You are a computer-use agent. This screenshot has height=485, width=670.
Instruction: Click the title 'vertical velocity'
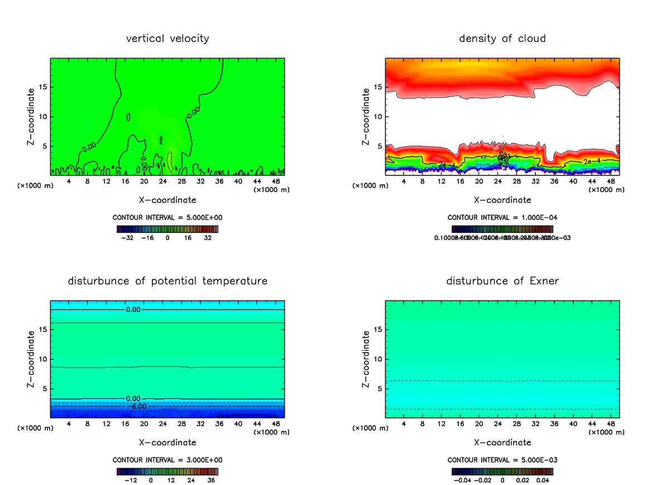[x=167, y=39]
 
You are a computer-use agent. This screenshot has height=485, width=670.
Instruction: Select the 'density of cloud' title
[x=502, y=39]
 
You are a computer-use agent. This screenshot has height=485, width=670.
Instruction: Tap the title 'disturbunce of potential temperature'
[x=167, y=280]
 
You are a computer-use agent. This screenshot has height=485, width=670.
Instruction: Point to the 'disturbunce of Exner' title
[x=502, y=280]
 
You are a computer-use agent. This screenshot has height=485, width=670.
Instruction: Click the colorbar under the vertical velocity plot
[x=167, y=229]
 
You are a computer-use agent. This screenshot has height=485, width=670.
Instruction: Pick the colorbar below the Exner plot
[x=502, y=471]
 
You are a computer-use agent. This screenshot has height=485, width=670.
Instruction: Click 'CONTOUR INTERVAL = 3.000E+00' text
[x=167, y=460]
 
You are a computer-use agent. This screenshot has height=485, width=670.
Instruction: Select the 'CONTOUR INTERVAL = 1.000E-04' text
[x=502, y=217]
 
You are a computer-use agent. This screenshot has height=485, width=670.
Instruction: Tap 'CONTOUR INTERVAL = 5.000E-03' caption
[x=502, y=460]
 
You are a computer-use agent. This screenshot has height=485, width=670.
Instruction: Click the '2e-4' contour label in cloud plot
[x=591, y=161]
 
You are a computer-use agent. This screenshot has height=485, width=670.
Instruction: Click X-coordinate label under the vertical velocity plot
[x=167, y=199]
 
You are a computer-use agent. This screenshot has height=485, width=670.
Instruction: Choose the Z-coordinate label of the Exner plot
[x=366, y=359]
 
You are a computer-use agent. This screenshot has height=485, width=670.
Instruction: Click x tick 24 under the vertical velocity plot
[x=162, y=182]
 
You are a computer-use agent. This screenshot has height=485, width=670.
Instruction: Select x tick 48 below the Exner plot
[x=610, y=424]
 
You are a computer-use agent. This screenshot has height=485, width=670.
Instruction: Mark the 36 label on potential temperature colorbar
[x=210, y=480]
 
